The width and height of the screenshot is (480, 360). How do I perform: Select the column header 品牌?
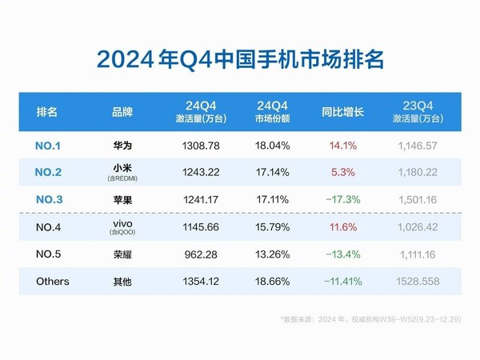[122, 112]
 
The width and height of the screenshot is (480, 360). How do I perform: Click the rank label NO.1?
[53, 146]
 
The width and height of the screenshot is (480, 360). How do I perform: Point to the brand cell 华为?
[122, 146]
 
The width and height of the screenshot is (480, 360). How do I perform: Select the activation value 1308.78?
[196, 146]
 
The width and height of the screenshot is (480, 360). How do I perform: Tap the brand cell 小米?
[122, 169]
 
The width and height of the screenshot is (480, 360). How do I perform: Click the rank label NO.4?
[53, 227]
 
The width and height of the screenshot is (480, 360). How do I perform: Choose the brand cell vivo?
[122, 225]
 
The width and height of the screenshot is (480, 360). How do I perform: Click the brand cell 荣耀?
[122, 254]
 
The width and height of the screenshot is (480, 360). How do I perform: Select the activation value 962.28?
[196, 254]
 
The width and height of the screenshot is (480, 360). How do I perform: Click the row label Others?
[53, 282]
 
